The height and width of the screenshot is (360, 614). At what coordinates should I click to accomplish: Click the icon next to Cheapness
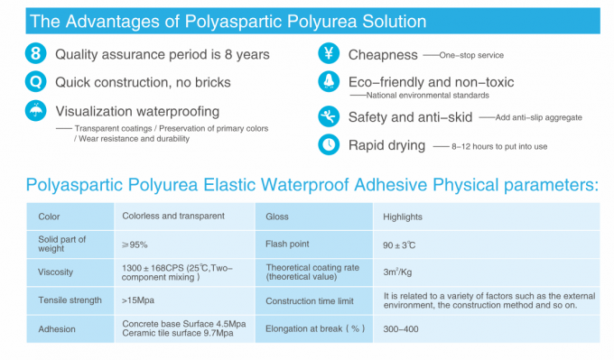[x=330, y=55]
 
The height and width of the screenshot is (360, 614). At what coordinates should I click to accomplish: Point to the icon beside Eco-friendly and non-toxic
[x=330, y=83]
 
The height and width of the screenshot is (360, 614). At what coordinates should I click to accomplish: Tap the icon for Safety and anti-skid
[x=330, y=116]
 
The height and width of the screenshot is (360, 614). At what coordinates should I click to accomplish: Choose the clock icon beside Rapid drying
[x=330, y=144]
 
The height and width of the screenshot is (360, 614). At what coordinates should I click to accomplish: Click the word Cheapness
[x=383, y=56]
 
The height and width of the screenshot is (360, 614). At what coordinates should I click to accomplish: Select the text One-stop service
[x=471, y=56]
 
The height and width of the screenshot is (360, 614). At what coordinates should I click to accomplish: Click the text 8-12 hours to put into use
[x=501, y=146]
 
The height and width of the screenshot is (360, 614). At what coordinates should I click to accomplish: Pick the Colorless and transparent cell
[x=172, y=217]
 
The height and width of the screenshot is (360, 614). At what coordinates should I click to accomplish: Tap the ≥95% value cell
[x=135, y=244]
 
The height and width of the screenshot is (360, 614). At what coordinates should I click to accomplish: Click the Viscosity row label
[x=56, y=272]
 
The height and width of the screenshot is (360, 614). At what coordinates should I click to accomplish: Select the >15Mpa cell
[x=138, y=300]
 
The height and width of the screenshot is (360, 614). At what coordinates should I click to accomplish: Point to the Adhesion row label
[x=57, y=328]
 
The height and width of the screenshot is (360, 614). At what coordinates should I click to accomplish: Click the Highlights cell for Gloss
[x=402, y=217]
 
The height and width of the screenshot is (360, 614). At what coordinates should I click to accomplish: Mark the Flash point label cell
[x=288, y=245]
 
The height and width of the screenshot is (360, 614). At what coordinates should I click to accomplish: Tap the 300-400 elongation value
[x=402, y=328]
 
